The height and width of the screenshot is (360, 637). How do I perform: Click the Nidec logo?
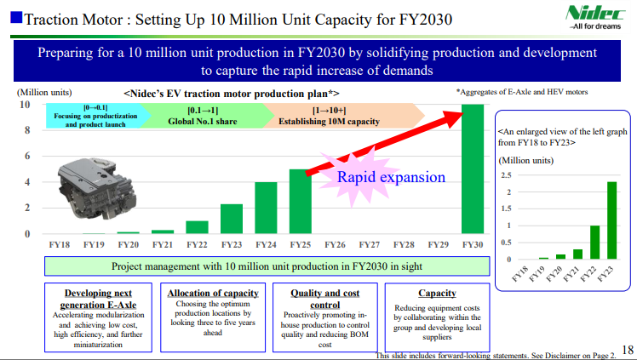[595, 18]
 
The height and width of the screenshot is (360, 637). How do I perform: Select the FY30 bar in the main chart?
[473, 169]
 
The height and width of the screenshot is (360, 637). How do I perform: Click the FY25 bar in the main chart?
[301, 202]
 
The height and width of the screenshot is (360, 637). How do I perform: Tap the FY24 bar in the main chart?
[266, 208]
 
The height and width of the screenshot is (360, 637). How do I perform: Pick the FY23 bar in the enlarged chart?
[611, 220]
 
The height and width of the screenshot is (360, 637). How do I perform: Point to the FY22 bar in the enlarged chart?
[594, 243]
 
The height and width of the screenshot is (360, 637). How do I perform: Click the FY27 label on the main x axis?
[370, 245]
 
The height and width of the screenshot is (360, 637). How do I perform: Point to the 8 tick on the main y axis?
[27, 130]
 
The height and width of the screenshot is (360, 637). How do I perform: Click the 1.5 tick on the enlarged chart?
[506, 209]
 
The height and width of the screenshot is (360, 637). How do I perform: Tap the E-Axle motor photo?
[97, 189]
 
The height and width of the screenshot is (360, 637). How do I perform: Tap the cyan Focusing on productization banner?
[97, 116]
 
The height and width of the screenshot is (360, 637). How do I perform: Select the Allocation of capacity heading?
[213, 293]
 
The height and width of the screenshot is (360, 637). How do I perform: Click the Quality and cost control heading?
[325, 299]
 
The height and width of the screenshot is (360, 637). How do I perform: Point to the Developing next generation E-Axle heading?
[98, 299]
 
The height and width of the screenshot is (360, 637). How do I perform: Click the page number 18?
[628, 350]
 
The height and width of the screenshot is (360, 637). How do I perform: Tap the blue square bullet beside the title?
[16, 18]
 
